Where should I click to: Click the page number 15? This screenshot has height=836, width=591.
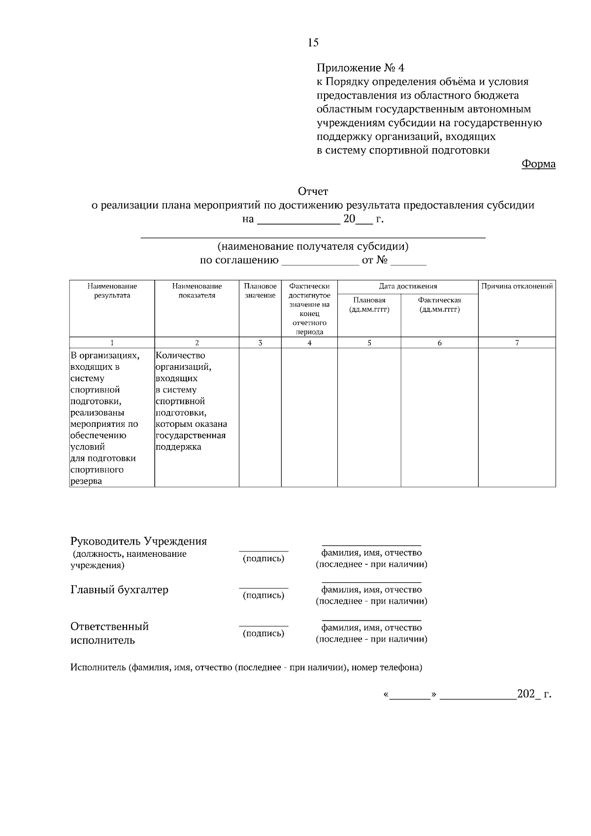coord(313,42)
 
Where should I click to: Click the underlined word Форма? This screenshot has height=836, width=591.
coord(538,164)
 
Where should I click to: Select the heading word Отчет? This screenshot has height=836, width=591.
coord(313,191)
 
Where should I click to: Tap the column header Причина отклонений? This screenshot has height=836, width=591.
coord(517,286)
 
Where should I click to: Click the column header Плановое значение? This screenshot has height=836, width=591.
coord(260,290)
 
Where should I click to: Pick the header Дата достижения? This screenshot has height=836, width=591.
coord(407,286)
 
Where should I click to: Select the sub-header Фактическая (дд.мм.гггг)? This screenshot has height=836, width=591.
coord(439,305)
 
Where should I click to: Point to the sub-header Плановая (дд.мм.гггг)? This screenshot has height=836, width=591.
coord(369,305)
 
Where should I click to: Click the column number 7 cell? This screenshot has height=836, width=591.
coord(517,343)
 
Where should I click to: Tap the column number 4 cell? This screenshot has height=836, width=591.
coord(309,343)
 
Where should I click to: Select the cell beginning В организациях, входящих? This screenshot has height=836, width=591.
coord(106,418)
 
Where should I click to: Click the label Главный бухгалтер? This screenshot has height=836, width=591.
coord(119,590)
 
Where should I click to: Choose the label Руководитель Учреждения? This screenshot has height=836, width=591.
coord(138,542)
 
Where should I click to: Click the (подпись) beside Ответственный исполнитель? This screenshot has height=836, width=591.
coord(263,634)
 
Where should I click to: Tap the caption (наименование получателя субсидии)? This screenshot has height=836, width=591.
coord(313,246)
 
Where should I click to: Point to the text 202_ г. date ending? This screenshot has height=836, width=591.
coord(534,694)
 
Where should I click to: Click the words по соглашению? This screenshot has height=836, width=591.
coord(239,260)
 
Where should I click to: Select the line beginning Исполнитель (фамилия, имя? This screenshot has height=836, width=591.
coord(246,668)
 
